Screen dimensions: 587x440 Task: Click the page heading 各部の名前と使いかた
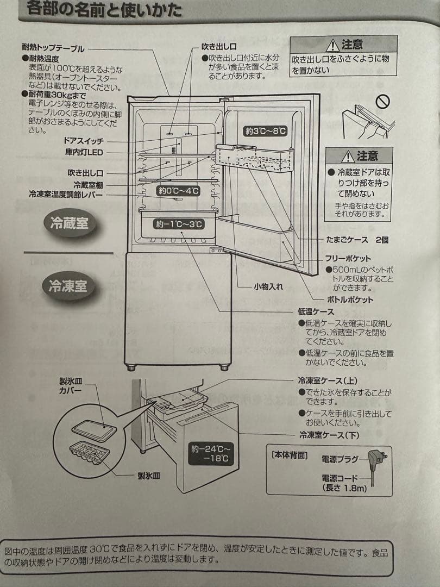103,10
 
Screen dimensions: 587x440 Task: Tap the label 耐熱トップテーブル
53,48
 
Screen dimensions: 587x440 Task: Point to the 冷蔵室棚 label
88,184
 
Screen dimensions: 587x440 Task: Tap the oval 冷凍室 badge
68,286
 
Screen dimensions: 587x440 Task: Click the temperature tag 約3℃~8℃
265,131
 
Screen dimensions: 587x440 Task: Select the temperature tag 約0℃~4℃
178,191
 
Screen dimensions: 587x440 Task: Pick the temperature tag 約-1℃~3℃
178,224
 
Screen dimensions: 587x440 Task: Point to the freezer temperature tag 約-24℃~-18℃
211,454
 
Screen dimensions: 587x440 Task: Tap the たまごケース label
348,240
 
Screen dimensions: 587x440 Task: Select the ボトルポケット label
350,300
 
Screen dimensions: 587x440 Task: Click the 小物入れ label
268,287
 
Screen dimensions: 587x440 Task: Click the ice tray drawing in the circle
90,452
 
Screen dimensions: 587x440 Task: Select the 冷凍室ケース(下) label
329,435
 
